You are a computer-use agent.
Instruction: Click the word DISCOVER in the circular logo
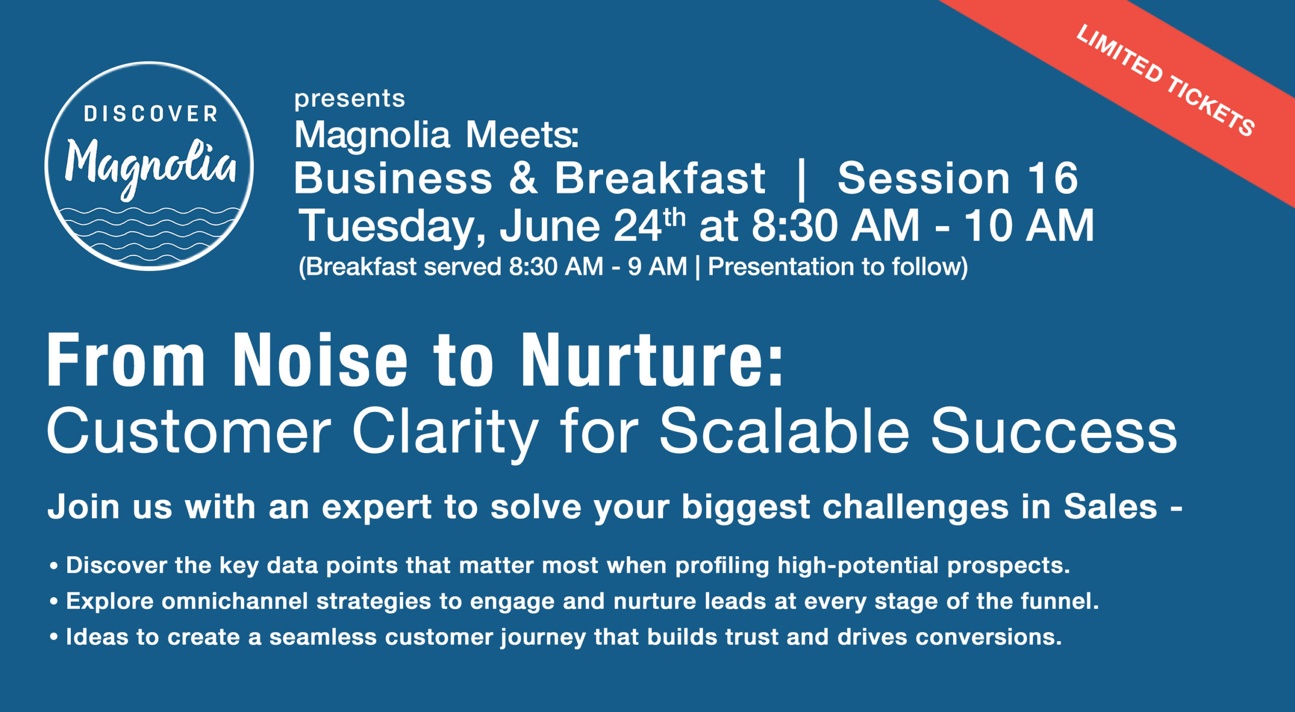point(151,114)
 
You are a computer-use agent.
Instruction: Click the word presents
point(350,98)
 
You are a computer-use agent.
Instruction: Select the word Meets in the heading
point(522,135)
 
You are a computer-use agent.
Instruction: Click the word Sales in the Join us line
point(1111,507)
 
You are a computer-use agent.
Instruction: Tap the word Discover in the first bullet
point(116,565)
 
